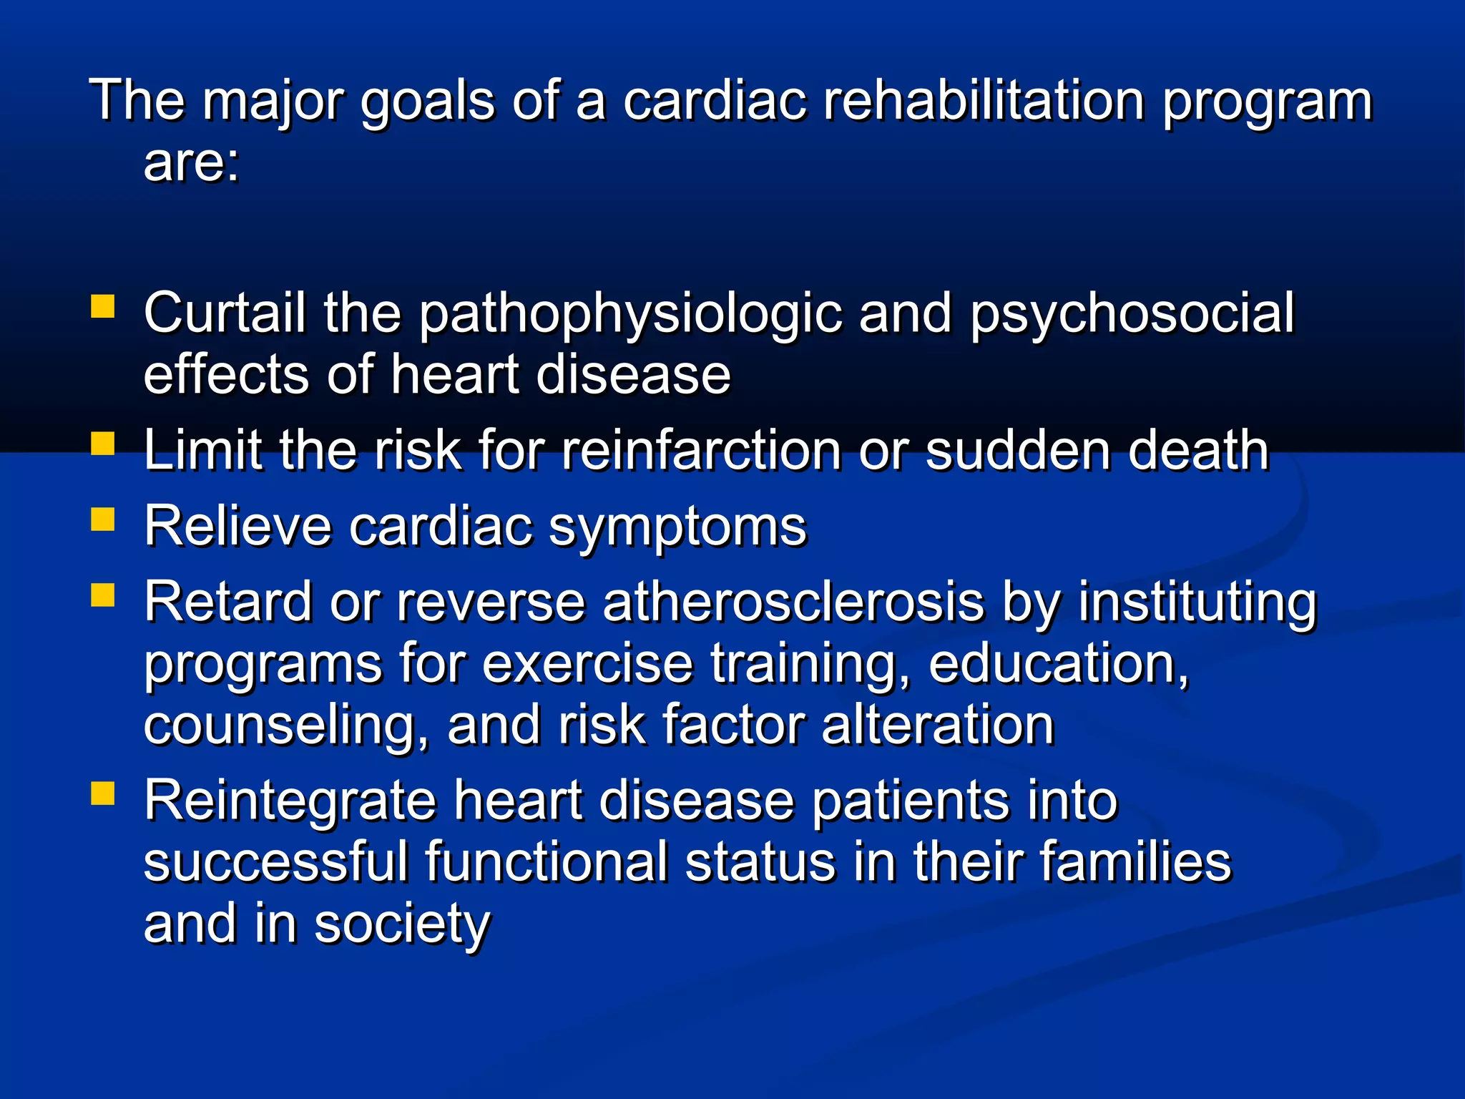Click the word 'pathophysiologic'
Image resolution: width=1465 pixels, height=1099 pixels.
[630, 315]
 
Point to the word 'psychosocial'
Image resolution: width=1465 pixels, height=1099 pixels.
[1132, 315]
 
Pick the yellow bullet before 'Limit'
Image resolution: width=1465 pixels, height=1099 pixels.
[103, 444]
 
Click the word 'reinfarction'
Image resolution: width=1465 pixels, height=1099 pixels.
[701, 451]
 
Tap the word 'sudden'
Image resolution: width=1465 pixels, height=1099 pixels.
[1017, 451]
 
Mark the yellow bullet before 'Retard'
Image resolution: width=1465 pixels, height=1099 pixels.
[103, 595]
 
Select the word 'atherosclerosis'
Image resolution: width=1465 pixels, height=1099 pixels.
[793, 602]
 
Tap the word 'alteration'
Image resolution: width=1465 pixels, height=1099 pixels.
[938, 726]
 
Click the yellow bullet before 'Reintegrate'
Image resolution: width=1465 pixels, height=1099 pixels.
[103, 793]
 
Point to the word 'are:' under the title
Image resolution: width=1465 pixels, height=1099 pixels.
[192, 162]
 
